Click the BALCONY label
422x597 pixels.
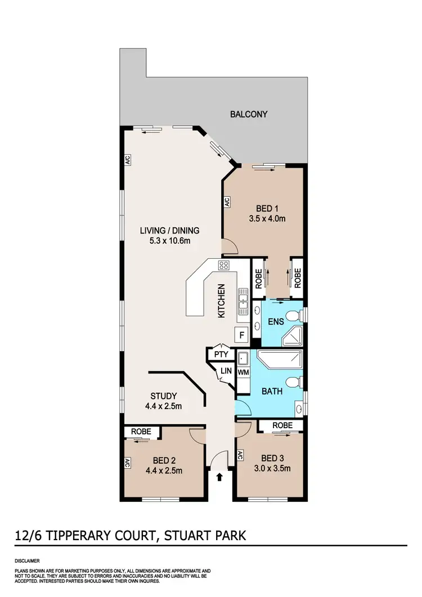pyautogui.click(x=249, y=114)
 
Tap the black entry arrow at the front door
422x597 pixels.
pyautogui.click(x=219, y=477)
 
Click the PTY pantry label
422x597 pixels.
pyautogui.click(x=220, y=355)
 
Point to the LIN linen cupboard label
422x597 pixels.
pyautogui.click(x=226, y=371)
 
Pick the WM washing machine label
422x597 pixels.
pyautogui.click(x=243, y=372)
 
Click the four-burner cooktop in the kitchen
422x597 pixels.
pyautogui.click(x=223, y=266)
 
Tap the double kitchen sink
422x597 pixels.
pyautogui.click(x=243, y=301)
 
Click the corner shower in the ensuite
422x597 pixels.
pyautogui.click(x=294, y=336)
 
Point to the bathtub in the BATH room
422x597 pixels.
pyautogui.click(x=280, y=359)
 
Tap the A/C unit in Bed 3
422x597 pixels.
pyautogui.click(x=240, y=456)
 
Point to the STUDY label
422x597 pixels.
pyautogui.click(x=164, y=396)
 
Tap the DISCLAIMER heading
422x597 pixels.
pyautogui.click(x=28, y=561)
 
